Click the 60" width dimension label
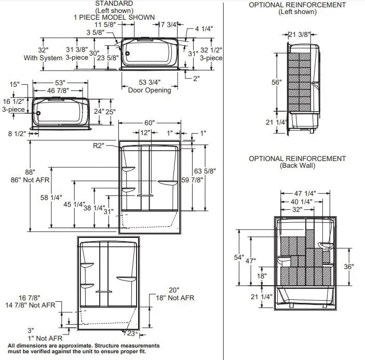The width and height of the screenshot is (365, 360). tap(150, 123)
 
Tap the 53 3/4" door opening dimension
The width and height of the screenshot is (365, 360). tap(150, 82)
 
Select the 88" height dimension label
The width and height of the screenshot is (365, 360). tap(30, 172)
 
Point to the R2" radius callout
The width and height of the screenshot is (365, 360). tap(99, 146)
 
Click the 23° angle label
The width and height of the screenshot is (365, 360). tap(132, 334)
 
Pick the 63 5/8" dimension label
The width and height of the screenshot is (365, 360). tap(205, 171)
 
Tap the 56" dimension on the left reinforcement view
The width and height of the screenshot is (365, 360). tap(277, 82)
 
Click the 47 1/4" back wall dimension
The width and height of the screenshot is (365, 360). tap(305, 193)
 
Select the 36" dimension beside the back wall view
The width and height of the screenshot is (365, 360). tap(349, 266)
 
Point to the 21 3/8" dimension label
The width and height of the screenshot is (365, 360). tap(300, 34)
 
